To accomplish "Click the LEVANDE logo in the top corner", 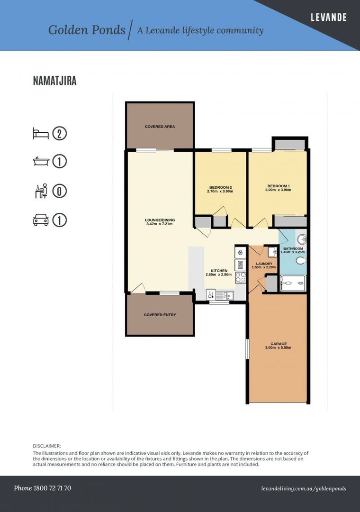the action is (x=328, y=18).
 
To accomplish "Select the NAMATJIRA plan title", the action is (x=55, y=81).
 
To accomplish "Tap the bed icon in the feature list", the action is (x=41, y=133).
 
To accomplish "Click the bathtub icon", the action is (x=41, y=161).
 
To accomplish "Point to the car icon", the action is (x=41, y=220).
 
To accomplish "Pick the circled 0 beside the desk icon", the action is (x=59, y=191).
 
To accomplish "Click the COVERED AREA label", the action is (x=160, y=127).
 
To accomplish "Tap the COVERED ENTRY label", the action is (x=160, y=315).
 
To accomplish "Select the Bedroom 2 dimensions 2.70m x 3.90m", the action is (x=220, y=192).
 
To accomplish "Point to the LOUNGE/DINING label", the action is (x=160, y=220).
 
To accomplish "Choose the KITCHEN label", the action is (x=219, y=271).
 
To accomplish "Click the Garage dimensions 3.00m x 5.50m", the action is (x=279, y=347).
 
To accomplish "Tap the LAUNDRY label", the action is (x=264, y=264).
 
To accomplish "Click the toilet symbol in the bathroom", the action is (x=301, y=261).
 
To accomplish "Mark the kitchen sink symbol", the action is (x=225, y=295).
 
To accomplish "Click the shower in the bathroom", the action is (x=293, y=283).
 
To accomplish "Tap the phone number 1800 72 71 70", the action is (x=52, y=488).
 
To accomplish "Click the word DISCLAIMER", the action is (x=47, y=446).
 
